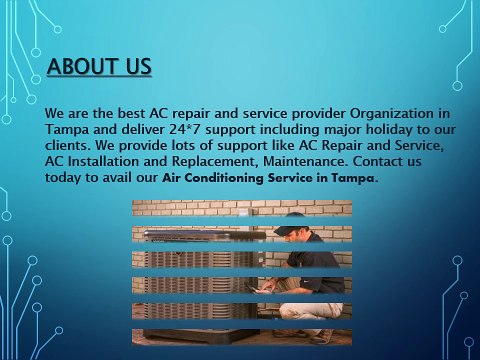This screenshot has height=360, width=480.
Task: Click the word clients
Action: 70,147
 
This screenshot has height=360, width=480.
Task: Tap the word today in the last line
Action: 65,179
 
